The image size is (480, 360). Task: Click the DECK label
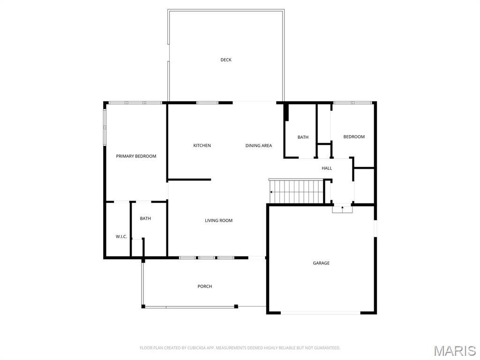[226, 60]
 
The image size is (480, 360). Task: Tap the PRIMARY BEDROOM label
[136, 156]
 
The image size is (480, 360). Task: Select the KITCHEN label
[202, 145]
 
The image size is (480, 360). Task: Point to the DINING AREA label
[259, 145]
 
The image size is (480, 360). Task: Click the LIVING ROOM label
[218, 220]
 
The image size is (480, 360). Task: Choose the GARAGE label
[321, 263]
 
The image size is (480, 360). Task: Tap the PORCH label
[205, 286]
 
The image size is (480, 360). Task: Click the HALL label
[327, 168]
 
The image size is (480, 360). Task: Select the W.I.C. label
[121, 237]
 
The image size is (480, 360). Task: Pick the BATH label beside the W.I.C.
[145, 218]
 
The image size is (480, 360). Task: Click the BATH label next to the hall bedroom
[303, 137]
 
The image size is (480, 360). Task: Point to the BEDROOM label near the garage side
[354, 137]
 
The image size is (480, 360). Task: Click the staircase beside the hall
[296, 191]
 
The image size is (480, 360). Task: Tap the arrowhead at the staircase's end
[271, 192]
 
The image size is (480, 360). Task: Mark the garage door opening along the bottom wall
[321, 313]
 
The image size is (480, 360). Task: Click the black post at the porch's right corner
[236, 306]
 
